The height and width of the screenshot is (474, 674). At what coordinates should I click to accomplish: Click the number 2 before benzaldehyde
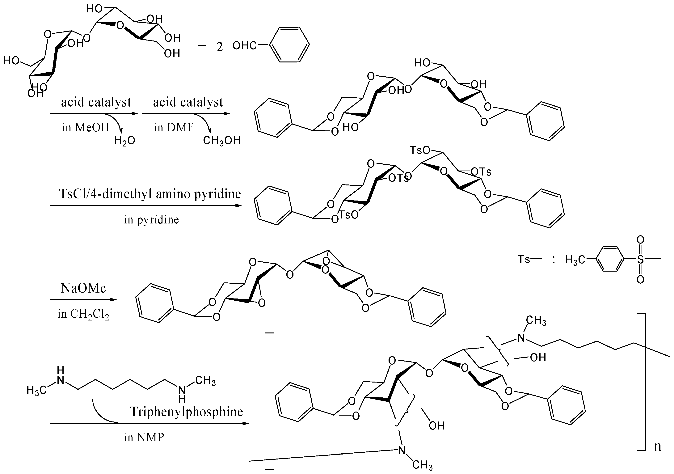click(x=220, y=47)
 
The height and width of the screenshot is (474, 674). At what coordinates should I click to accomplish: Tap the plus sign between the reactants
click(x=202, y=46)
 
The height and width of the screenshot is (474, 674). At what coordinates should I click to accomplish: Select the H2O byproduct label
click(x=124, y=141)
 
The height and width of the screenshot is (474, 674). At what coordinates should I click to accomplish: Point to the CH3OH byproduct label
click(x=222, y=141)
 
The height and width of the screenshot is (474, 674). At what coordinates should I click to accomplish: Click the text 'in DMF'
click(x=174, y=127)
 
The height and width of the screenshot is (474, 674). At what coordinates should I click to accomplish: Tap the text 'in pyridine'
click(x=151, y=219)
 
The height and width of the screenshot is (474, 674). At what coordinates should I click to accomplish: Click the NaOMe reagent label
click(x=83, y=288)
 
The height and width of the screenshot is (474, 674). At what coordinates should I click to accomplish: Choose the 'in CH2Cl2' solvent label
click(x=83, y=314)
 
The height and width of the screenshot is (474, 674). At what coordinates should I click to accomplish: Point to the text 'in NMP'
click(x=144, y=438)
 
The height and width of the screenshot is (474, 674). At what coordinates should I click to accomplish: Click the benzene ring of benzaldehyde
click(x=289, y=45)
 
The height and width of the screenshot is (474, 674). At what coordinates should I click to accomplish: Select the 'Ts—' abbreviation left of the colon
click(x=527, y=259)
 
